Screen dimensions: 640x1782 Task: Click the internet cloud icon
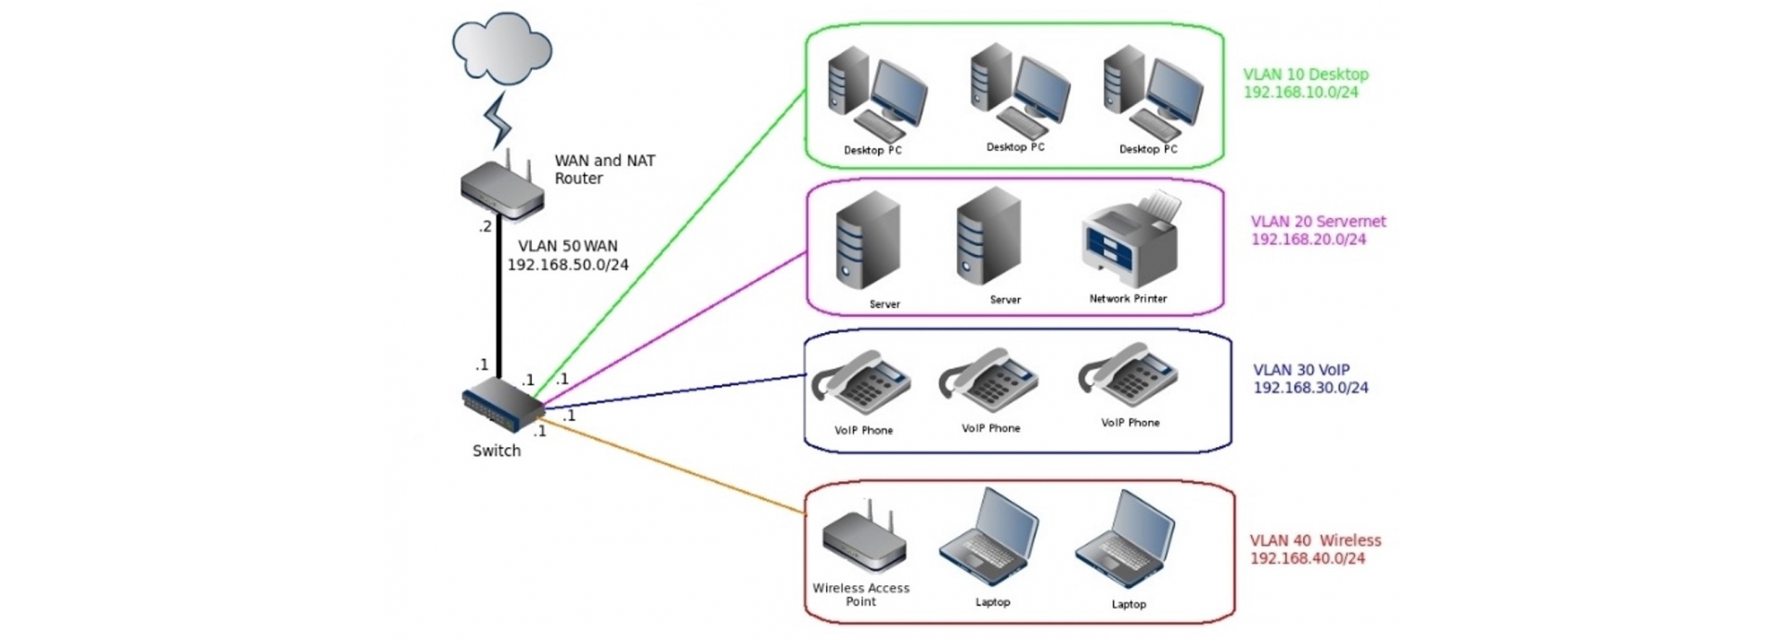pos(501,47)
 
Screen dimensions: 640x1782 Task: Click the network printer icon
pos(1131,240)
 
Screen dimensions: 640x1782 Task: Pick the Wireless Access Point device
pos(863,542)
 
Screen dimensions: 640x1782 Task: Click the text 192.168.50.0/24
pos(568,265)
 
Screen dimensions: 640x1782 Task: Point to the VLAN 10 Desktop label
pos(1306,74)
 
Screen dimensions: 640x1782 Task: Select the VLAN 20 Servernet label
pos(1318,222)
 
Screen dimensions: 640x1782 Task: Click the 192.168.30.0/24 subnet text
pos(1311,388)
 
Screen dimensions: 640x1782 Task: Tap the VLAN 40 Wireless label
pos(1315,541)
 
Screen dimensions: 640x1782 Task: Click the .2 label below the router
pos(484,226)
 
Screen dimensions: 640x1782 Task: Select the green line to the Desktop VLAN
pos(668,250)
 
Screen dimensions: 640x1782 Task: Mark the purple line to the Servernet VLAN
pos(668,329)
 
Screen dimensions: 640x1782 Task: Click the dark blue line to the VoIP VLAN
pos(668,391)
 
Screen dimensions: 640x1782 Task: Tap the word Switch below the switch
pos(497,451)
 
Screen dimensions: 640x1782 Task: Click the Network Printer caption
pos(1128,299)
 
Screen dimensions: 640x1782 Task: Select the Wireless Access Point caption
pos(860,595)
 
